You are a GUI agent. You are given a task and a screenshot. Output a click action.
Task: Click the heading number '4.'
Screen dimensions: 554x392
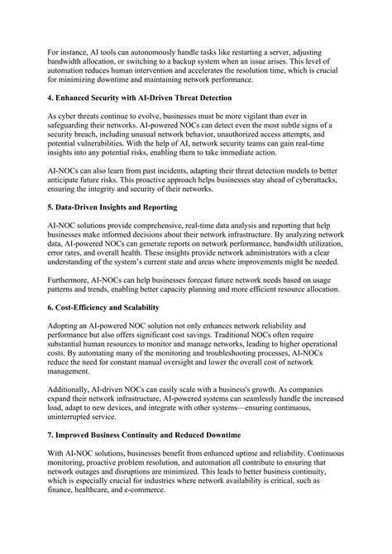coord(52,97)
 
